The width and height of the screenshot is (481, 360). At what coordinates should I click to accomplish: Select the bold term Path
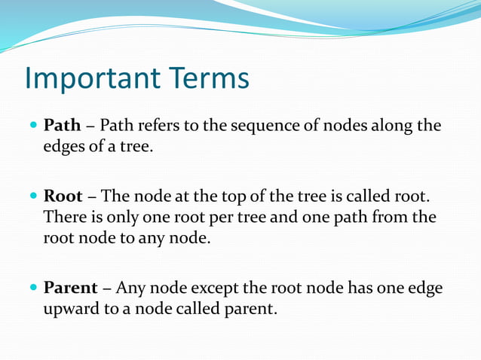tap(61, 125)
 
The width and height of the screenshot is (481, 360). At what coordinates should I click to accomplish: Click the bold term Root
tap(63, 197)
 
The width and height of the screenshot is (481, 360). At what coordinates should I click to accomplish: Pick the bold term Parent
tap(70, 288)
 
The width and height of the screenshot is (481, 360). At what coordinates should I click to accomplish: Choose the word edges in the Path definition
tap(63, 146)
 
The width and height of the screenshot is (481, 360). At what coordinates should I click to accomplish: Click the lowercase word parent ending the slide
tap(248, 310)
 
